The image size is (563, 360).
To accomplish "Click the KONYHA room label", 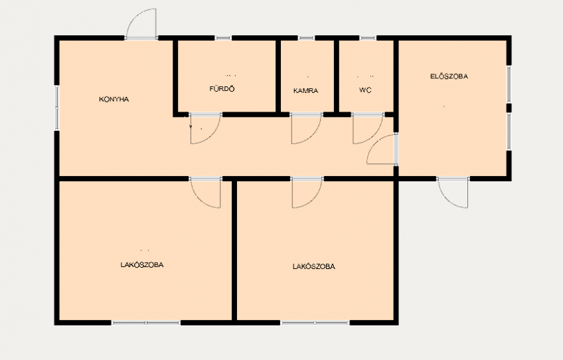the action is [114, 99].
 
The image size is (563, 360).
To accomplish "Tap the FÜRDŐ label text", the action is [222, 88].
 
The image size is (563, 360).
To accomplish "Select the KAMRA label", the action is [305, 90].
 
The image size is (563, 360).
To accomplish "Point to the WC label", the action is [364, 90].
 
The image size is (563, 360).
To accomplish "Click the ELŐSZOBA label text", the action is [449, 76].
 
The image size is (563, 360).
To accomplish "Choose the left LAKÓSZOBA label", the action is [142, 265].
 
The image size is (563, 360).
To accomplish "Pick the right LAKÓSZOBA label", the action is [314, 266].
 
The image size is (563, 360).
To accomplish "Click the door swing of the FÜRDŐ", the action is [212, 135].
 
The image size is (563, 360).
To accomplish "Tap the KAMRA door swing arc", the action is [313, 135].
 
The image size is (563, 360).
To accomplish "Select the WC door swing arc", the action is [374, 135].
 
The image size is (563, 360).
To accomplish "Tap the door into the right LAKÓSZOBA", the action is [313, 199].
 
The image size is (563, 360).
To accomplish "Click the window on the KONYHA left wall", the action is [56, 108].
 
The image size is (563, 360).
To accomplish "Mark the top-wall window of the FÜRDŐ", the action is [223, 38].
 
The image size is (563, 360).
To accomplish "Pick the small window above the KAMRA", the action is [306, 38].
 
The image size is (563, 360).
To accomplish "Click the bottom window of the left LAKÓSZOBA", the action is [146, 323].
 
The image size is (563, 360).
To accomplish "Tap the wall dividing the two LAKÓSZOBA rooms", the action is [234, 251].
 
